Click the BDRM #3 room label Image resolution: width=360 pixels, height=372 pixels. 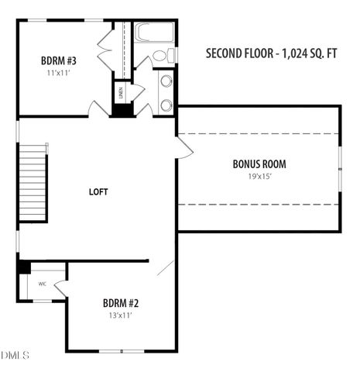(58, 60)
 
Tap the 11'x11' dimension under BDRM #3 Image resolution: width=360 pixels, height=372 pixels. (58, 74)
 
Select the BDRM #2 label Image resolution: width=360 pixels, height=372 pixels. (121, 303)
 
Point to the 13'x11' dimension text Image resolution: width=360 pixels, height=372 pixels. (121, 315)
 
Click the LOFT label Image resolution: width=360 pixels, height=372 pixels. (98, 191)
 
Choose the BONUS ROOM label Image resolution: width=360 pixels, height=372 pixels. (259, 164)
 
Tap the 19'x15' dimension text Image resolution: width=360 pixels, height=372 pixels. (259, 177)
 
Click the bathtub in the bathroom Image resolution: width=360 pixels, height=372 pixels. (154, 33)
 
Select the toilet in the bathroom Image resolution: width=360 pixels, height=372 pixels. (161, 56)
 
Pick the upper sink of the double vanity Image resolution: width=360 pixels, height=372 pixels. (166, 81)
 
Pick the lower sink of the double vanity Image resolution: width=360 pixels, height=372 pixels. (166, 102)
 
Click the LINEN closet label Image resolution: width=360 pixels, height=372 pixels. (121, 93)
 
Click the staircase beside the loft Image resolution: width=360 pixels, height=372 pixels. (33, 183)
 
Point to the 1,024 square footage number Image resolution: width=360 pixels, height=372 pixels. (298, 53)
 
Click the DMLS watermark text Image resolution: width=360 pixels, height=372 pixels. (15, 355)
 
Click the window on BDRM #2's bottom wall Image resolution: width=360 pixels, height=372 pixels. (122, 350)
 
